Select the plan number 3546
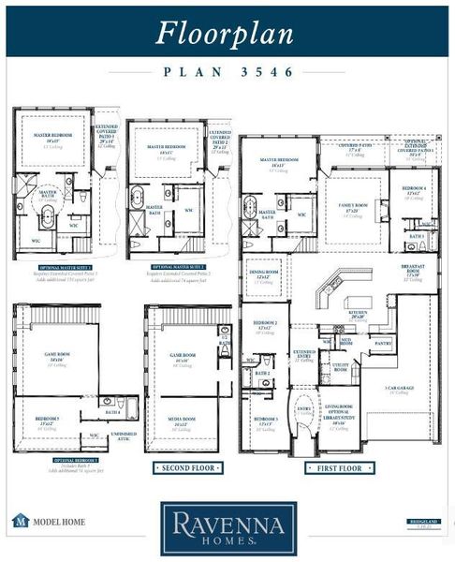tap(228, 71)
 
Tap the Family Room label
tap(353, 211)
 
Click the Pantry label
tap(383, 344)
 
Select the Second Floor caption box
tap(187, 466)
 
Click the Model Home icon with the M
tap(19, 520)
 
